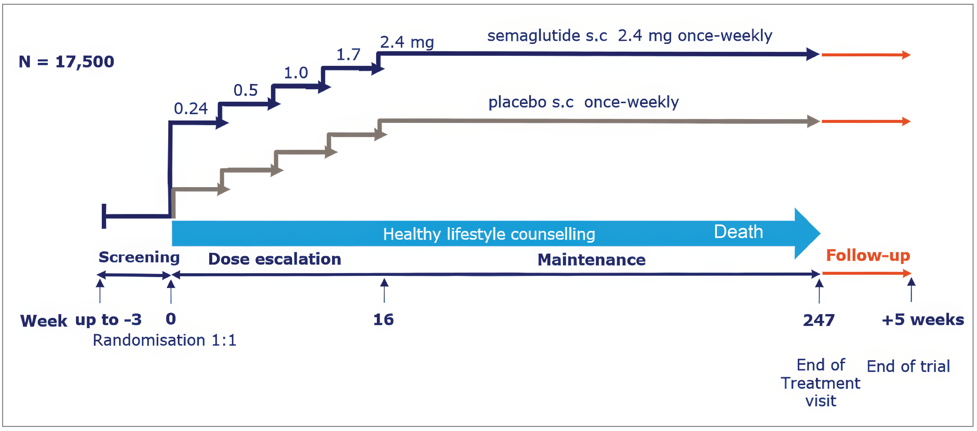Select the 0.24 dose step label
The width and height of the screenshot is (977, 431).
click(x=191, y=109)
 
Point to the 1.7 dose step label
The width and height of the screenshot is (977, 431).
click(x=348, y=55)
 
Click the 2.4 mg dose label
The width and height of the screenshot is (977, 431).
click(x=407, y=42)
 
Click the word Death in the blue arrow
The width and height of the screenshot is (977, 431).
click(x=738, y=232)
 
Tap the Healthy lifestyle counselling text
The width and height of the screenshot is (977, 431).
click(x=489, y=234)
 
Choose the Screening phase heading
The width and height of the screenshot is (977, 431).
click(x=139, y=257)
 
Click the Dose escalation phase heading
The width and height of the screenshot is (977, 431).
click(x=274, y=259)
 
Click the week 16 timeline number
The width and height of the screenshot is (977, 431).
click(x=383, y=320)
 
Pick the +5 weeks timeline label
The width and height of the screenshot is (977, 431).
click(x=922, y=320)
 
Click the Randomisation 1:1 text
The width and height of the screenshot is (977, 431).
click(x=165, y=340)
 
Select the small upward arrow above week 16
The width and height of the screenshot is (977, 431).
click(x=384, y=290)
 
